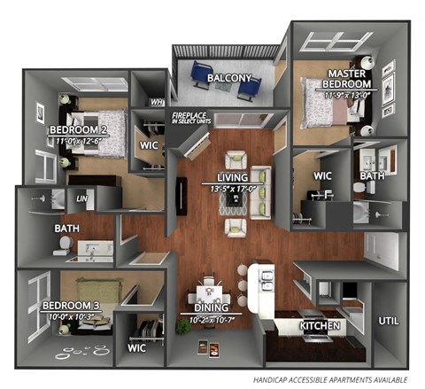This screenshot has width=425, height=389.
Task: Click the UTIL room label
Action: click(x=389, y=321)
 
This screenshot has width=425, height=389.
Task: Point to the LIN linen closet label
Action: click(x=82, y=198)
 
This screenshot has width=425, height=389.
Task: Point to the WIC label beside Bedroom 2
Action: click(x=149, y=144)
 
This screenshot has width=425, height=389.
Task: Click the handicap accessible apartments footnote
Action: click(x=328, y=378)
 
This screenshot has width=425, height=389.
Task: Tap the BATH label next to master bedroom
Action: click(x=373, y=176)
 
